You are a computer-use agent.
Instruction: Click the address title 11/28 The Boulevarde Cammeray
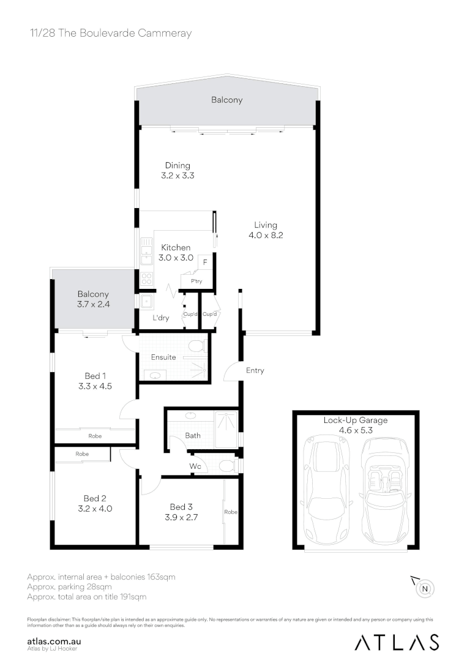click(x=110, y=33)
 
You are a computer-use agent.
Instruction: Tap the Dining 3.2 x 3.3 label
click(x=177, y=170)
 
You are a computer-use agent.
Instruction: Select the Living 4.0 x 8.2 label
click(x=266, y=230)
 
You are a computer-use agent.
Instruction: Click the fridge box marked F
click(x=204, y=261)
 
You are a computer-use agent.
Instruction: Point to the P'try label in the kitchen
click(x=197, y=282)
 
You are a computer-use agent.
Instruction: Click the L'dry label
click(x=161, y=318)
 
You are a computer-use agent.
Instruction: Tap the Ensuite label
click(x=163, y=357)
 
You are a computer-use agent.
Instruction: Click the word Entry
click(x=255, y=370)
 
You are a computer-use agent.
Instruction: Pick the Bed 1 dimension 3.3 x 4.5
click(x=94, y=386)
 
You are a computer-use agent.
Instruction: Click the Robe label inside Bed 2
click(x=82, y=454)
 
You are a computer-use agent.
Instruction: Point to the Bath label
click(x=193, y=436)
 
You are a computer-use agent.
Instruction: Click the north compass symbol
click(x=425, y=589)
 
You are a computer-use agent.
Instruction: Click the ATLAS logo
click(x=397, y=641)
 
